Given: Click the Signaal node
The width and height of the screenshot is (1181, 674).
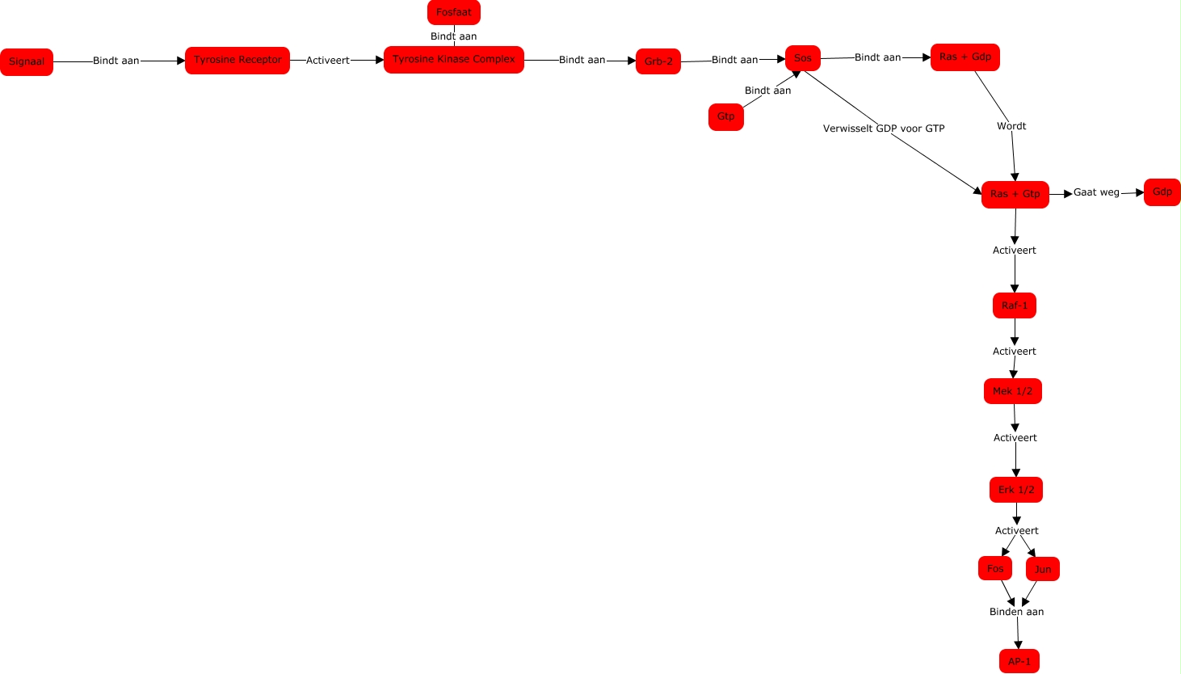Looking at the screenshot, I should pyautogui.click(x=27, y=62).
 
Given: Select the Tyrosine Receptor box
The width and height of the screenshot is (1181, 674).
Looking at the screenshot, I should pyautogui.click(x=237, y=61).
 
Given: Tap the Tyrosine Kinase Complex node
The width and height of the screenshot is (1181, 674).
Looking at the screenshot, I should pyautogui.click(x=453, y=60).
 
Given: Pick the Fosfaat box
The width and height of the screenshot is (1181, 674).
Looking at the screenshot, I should pyautogui.click(x=453, y=13).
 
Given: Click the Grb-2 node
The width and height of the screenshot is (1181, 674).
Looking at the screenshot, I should pyautogui.click(x=658, y=61).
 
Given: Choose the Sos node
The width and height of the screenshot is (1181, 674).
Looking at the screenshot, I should pyautogui.click(x=802, y=58).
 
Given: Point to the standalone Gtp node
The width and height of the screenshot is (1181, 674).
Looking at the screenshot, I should pyautogui.click(x=725, y=117).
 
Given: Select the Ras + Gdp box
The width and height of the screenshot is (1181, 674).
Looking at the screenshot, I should pyautogui.click(x=965, y=57).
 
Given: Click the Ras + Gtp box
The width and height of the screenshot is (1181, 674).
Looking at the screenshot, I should pyautogui.click(x=1015, y=195).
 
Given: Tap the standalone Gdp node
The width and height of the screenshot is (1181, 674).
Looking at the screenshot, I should pyautogui.click(x=1162, y=192).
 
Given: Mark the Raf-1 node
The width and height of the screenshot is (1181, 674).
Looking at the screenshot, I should pyautogui.click(x=1014, y=305).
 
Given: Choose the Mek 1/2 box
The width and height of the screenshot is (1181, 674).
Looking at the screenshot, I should pyautogui.click(x=1012, y=391).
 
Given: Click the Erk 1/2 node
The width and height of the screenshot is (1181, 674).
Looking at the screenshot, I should pyautogui.click(x=1015, y=490).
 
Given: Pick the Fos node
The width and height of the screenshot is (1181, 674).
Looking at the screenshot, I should pyautogui.click(x=994, y=569).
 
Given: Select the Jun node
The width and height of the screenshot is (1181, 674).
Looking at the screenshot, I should pyautogui.click(x=1042, y=570).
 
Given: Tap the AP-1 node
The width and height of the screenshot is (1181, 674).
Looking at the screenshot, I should pyautogui.click(x=1019, y=661).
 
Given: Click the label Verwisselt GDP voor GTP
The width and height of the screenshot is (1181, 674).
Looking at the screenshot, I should pyautogui.click(x=883, y=128).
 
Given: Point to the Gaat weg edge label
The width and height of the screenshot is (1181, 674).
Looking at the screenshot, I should pyautogui.click(x=1096, y=192).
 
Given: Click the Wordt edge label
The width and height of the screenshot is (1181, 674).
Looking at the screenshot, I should pyautogui.click(x=1011, y=126).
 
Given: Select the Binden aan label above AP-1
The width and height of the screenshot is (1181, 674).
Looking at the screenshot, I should pyautogui.click(x=1016, y=612).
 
